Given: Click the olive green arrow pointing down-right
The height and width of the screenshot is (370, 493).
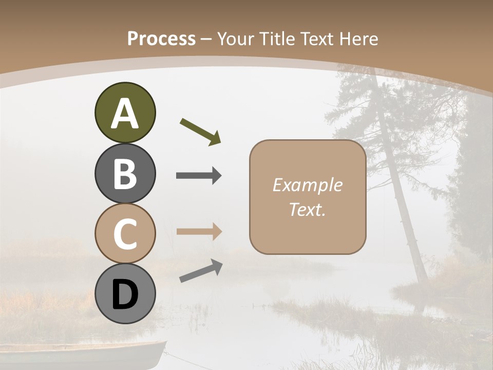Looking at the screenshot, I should pyautogui.click(x=200, y=131).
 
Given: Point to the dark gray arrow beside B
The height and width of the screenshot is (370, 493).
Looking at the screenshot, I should pyautogui.click(x=199, y=176).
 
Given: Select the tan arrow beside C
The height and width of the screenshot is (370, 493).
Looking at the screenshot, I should pyautogui.click(x=199, y=231).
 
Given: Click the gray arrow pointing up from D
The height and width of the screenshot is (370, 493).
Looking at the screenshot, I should pyautogui.click(x=201, y=271).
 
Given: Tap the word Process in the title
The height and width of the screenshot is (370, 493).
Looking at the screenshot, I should pyautogui.click(x=161, y=39).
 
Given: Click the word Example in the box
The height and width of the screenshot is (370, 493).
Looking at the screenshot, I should pyautogui.click(x=307, y=185).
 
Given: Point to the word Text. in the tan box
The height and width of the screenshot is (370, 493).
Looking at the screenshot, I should pyautogui.click(x=307, y=209).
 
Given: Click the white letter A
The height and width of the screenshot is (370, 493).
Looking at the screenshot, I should pyautogui.click(x=125, y=114).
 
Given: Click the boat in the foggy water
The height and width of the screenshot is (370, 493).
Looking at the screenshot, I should pyautogui.click(x=82, y=355).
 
